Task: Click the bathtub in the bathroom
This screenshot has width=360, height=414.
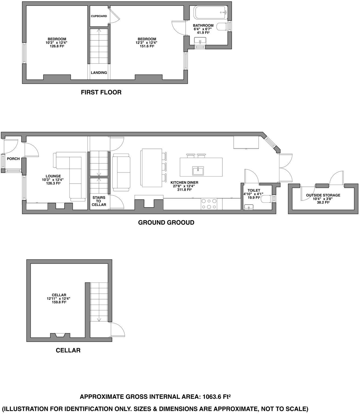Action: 211,13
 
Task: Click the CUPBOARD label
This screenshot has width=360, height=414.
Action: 99,16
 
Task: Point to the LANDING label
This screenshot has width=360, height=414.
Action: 99,73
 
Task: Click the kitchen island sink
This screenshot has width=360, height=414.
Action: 198,171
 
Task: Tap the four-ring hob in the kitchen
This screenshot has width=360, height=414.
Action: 209,204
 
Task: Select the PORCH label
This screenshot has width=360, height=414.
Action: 13,159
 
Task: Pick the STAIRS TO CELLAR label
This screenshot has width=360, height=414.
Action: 99,201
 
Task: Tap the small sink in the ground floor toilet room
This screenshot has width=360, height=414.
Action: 249,207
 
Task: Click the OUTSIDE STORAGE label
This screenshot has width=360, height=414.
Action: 323,195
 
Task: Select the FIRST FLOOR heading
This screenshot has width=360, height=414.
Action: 101,92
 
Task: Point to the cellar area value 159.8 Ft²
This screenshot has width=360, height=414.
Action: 59,302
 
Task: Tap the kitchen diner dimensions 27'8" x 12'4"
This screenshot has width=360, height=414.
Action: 184,186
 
